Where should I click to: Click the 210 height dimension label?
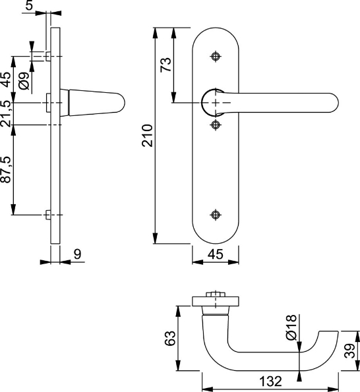(x=148, y=135)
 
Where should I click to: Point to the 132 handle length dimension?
(x=270, y=381)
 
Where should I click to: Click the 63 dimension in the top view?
(x=169, y=339)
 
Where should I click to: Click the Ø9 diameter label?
(x=23, y=81)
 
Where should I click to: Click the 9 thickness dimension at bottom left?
(x=77, y=253)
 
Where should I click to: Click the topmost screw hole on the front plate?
(x=216, y=56)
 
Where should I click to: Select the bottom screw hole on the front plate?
(x=216, y=214)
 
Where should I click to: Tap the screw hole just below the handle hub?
(x=216, y=124)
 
